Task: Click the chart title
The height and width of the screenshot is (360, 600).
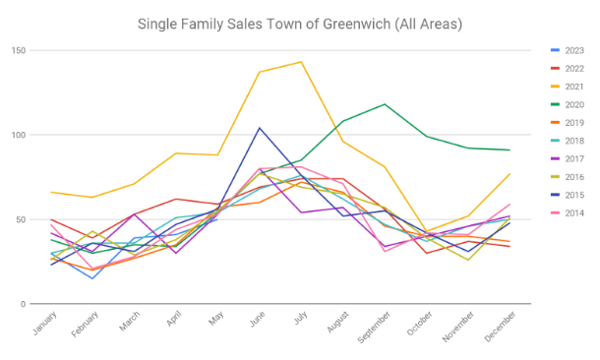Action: pos(300,25)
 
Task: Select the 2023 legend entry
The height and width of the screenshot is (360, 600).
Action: pos(568,50)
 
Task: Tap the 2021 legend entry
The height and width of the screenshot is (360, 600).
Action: pos(568,87)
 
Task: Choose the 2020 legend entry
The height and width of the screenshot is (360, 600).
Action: pos(568,104)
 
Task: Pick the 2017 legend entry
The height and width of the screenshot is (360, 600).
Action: pos(568,158)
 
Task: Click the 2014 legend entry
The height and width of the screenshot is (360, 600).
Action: pos(568,213)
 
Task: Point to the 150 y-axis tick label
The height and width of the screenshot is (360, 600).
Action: pos(19,50)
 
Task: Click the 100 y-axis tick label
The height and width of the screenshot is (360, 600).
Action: pos(19,135)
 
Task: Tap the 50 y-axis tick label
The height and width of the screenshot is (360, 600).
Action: pos(21,219)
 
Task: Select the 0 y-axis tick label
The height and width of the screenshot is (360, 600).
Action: pos(23,304)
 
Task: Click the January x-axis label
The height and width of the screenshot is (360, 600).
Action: pos(45,324)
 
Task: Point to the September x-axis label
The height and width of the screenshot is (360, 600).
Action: pos(374,328)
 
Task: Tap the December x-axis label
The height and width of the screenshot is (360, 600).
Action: pos(500,327)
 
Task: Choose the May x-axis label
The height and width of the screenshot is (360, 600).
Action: pos(216,319)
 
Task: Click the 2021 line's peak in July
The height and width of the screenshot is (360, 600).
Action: pos(301,62)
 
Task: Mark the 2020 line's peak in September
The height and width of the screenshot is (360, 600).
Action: pos(385,104)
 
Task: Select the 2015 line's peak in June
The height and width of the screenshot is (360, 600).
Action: pos(260,128)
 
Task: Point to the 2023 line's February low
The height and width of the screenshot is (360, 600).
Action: pos(92,278)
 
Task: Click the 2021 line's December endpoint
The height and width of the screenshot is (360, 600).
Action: pos(510,174)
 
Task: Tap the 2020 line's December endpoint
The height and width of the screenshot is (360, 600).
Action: pos(510,150)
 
